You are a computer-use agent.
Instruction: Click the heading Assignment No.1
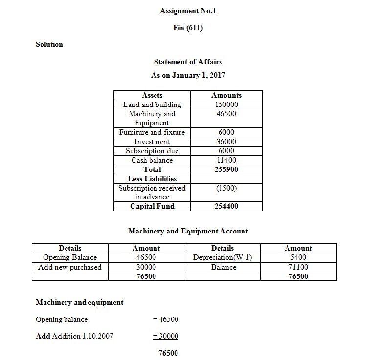[188, 11]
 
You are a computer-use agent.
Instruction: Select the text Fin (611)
[188, 27]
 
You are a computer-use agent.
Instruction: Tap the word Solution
[49, 44]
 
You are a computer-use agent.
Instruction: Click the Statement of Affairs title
[188, 62]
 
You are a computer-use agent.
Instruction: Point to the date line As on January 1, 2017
[188, 75]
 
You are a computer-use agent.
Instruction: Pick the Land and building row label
[152, 105]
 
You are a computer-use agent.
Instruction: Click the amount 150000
[226, 105]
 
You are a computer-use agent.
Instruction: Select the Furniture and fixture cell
[152, 132]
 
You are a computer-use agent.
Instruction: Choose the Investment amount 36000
[226, 142]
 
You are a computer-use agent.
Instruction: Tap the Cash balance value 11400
[226, 160]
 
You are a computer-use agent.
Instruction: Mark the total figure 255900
[226, 169]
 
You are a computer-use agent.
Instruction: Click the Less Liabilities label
[152, 179]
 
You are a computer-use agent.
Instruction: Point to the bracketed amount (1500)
[226, 188]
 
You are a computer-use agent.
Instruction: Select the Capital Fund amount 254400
[226, 206]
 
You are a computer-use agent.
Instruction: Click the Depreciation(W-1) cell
[222, 257]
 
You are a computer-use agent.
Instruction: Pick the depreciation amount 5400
[298, 257]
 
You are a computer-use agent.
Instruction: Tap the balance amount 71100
[298, 267]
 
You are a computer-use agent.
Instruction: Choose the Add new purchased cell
[70, 267]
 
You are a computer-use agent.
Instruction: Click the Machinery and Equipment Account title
[188, 231]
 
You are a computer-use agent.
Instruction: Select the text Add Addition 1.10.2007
[74, 336]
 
